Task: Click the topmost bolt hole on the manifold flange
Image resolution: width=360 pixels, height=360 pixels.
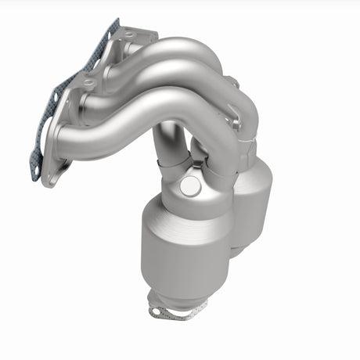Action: click(x=128, y=34)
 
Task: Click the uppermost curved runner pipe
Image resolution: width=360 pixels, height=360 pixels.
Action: click(x=188, y=49)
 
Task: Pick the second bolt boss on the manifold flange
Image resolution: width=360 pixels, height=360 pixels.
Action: click(x=90, y=82)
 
